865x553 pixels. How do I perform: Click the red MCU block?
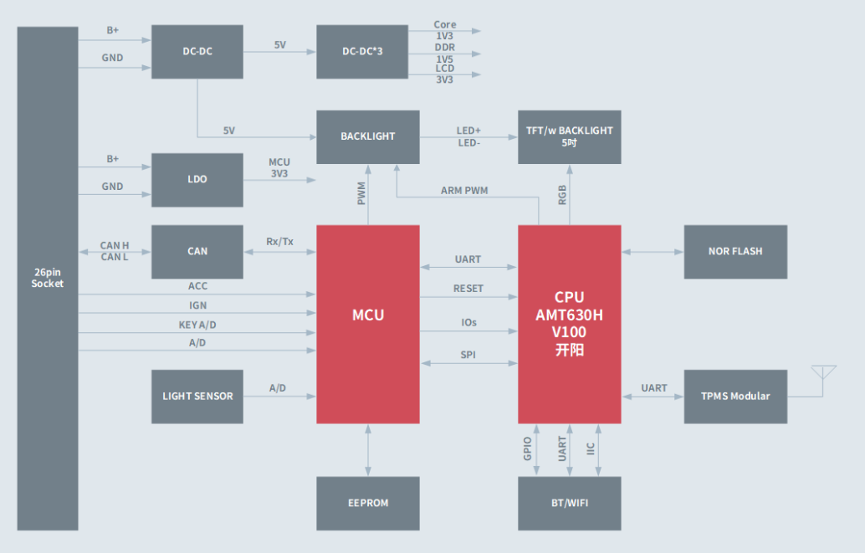[368, 324]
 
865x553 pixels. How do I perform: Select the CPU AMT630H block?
[569, 324]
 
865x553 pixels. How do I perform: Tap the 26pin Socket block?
[48, 278]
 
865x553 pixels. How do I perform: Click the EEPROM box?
[368, 503]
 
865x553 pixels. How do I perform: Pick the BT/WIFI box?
[569, 503]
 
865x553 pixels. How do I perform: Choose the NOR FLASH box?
[735, 251]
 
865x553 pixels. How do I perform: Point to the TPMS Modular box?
[735, 396]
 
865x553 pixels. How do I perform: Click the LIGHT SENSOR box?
[197, 396]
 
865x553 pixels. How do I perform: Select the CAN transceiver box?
[197, 251]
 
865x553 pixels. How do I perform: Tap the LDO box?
[197, 179]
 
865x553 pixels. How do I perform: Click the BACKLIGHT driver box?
[368, 136]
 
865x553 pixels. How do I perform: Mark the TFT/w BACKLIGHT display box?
[569, 136]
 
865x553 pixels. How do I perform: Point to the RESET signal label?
[468, 289]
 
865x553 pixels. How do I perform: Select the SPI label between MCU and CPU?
[468, 356]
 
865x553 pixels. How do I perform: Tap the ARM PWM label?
[464, 191]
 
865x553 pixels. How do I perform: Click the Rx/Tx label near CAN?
[279, 242]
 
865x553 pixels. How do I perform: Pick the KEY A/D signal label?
[197, 325]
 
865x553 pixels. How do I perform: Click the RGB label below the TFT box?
[562, 194]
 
